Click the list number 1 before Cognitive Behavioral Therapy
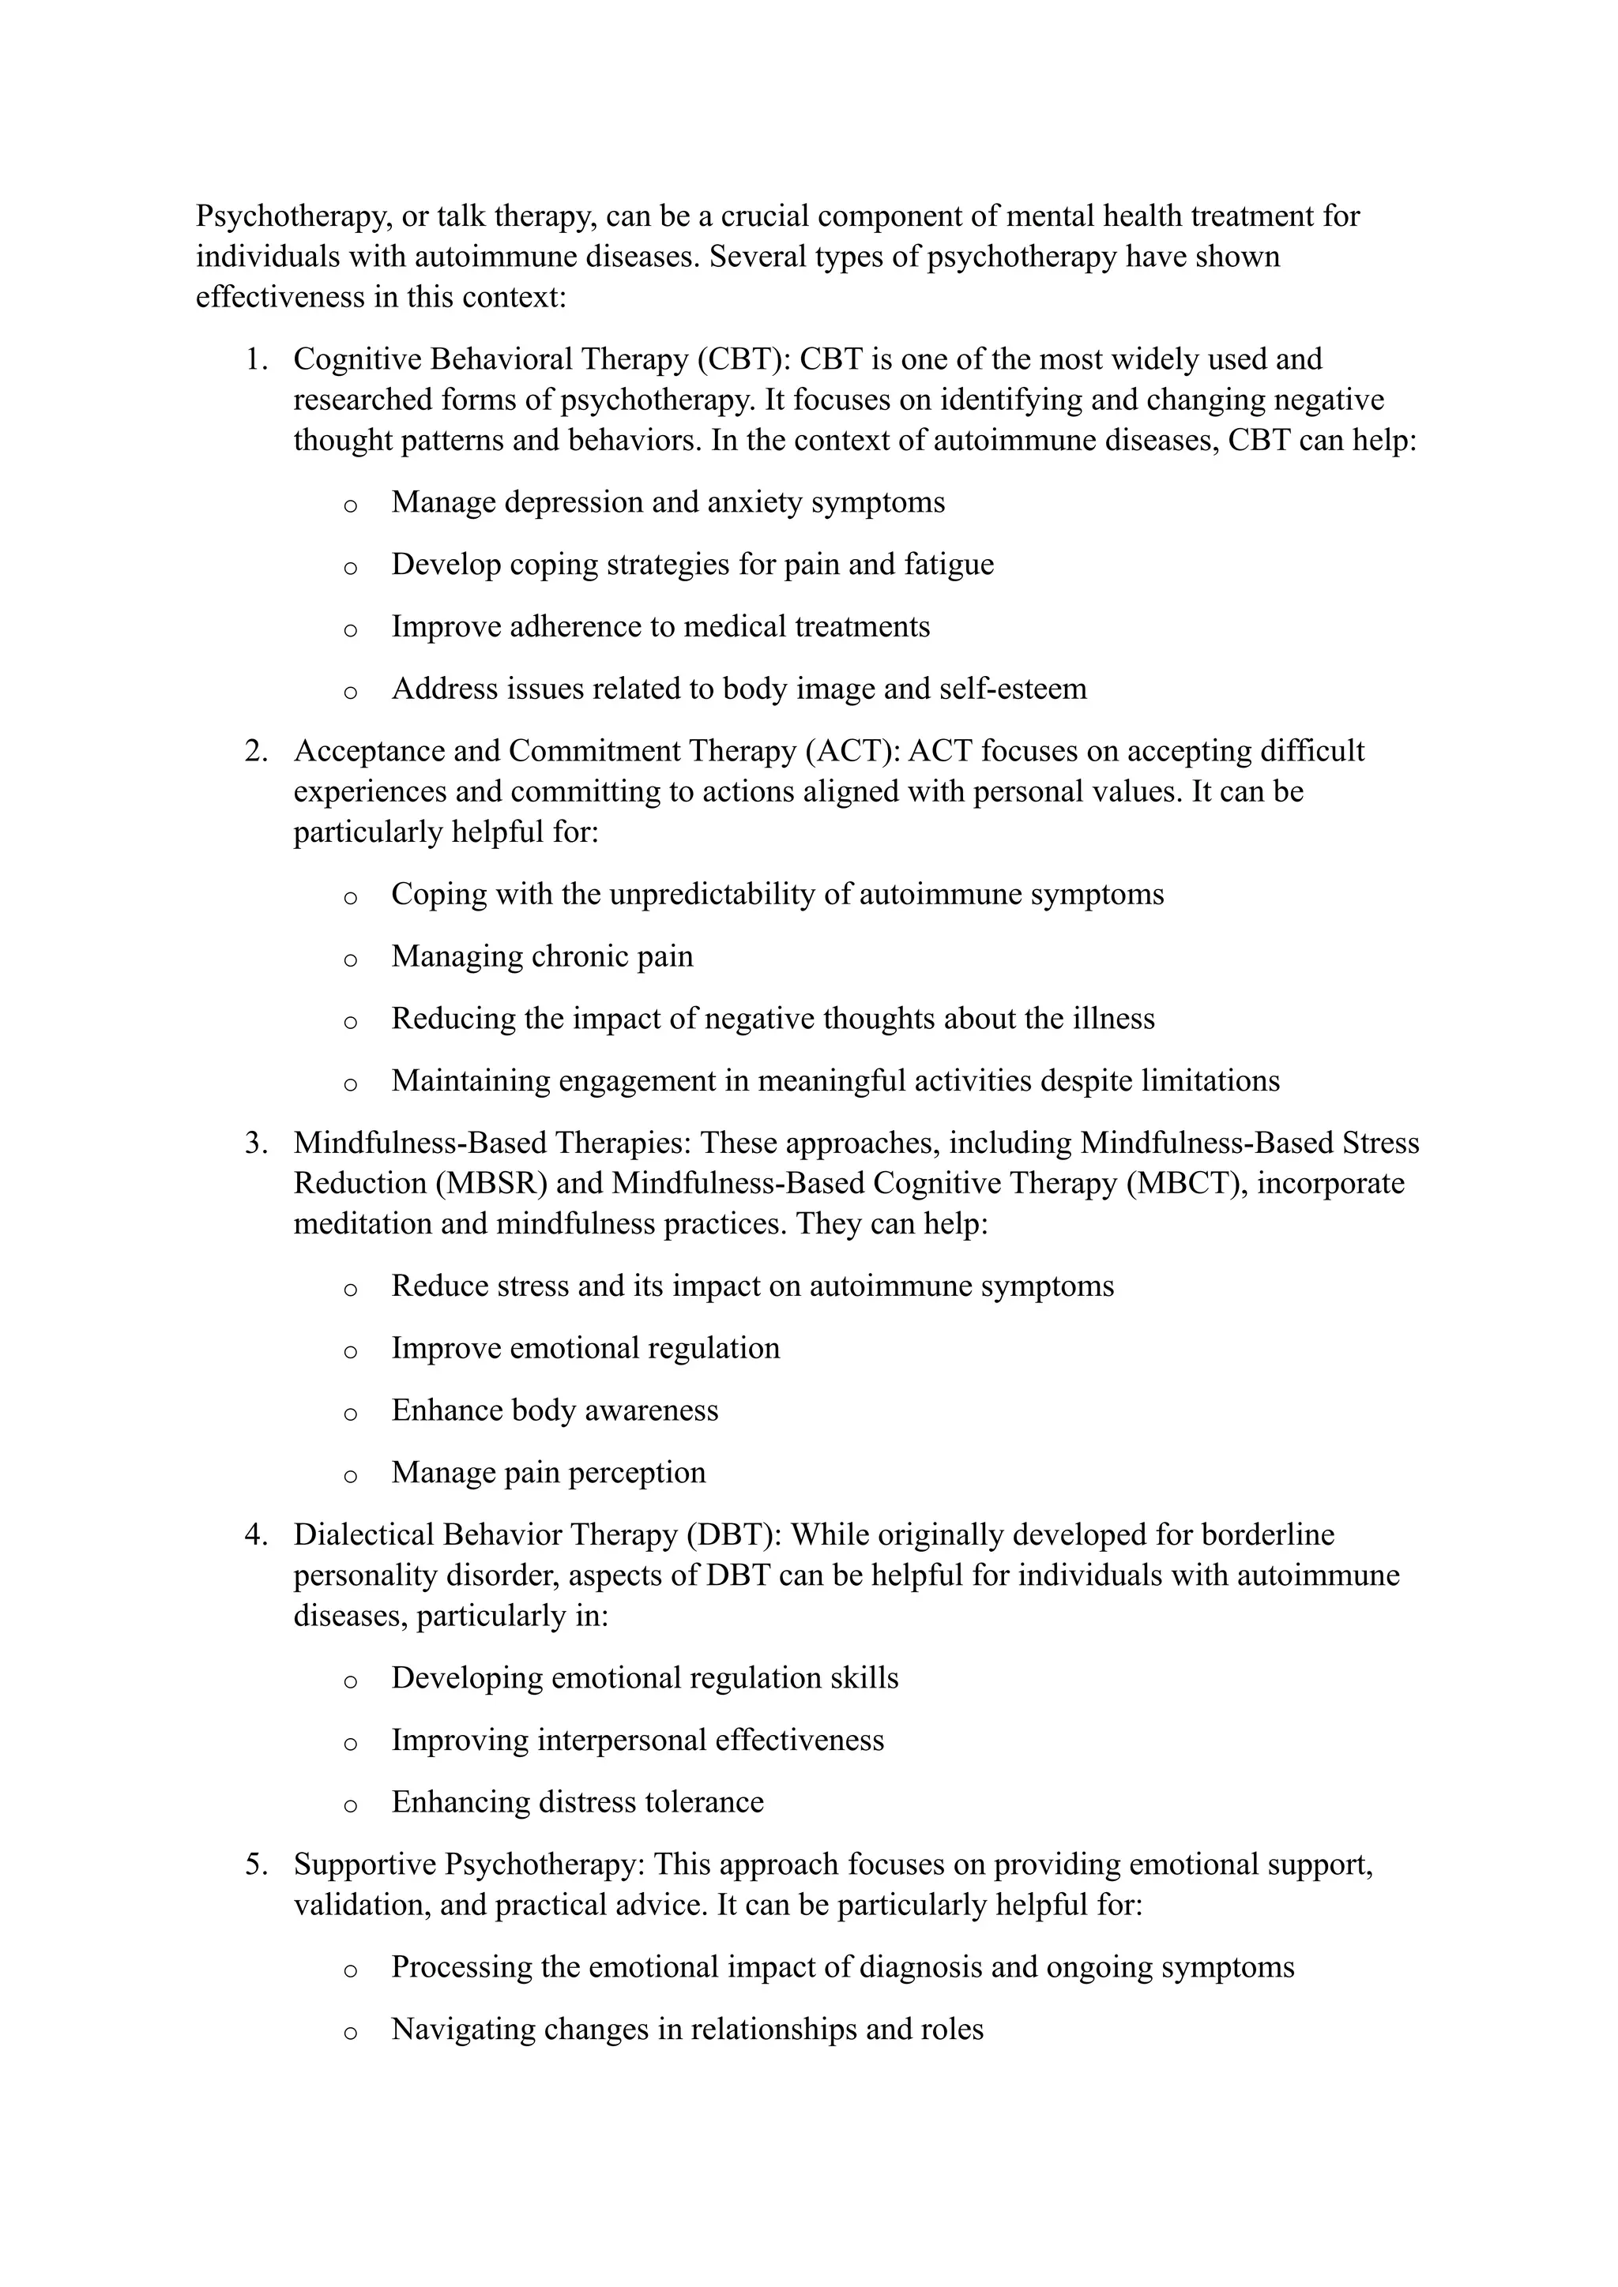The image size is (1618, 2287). pyautogui.click(x=255, y=359)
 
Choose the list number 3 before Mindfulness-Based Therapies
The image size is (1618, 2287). pyautogui.click(x=255, y=1143)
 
